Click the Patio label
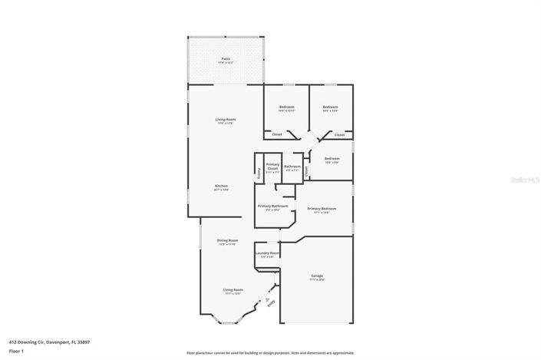[226, 58]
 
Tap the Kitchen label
[221, 187]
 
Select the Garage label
[317, 276]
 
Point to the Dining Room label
[229, 241]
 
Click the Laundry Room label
[267, 254]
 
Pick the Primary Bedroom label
[322, 209]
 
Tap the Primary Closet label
[272, 167]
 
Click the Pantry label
[259, 173]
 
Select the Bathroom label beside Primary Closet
[292, 167]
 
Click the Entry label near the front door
[271, 302]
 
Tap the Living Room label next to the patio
[225, 120]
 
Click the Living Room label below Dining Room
[233, 291]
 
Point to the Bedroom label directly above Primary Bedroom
[332, 159]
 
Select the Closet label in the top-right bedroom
[339, 134]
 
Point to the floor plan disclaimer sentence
[270, 353]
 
